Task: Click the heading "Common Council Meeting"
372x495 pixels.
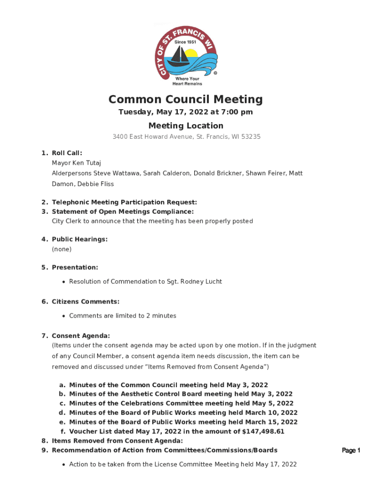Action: [x=186, y=100]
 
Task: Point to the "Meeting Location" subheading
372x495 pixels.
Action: [x=186, y=126]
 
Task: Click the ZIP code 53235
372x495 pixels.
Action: [x=251, y=137]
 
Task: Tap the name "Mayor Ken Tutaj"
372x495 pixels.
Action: [x=76, y=163]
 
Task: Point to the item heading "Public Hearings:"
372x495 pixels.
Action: [x=80, y=239]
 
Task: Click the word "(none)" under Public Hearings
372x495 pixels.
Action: [x=61, y=249]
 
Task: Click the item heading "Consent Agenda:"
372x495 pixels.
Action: [x=81, y=335]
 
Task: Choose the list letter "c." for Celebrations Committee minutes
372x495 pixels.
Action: [x=62, y=403]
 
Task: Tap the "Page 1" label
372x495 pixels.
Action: [x=351, y=451]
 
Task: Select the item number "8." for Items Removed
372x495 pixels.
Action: [x=44, y=441]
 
